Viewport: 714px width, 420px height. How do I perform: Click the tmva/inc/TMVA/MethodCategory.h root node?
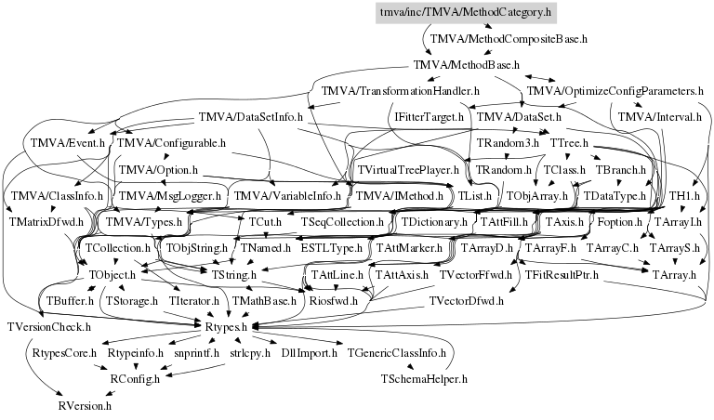point(467,13)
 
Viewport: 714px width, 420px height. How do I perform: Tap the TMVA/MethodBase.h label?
point(465,66)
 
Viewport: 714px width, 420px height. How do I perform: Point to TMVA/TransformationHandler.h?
point(400,92)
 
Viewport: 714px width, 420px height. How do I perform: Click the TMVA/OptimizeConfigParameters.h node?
point(615,92)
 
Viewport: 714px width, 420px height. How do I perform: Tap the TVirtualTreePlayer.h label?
point(408,170)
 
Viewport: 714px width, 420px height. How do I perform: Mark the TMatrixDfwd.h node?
point(46,223)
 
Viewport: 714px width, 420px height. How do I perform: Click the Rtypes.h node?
point(224,326)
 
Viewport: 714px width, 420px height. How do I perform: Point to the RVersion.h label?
point(84,405)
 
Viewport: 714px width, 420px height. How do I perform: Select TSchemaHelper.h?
point(423,379)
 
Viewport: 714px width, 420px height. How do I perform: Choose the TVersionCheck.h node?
point(48,327)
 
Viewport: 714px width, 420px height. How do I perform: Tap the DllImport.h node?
point(309,353)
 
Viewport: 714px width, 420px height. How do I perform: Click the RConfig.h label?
point(136,379)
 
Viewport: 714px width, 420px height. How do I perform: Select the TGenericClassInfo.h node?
point(400,353)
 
